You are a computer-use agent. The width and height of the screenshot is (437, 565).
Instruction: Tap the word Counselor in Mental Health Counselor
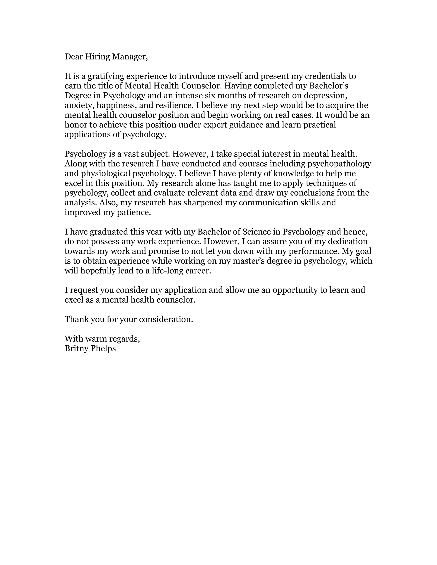[x=200, y=86]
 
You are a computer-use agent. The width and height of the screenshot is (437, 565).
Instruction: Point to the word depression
[x=325, y=96]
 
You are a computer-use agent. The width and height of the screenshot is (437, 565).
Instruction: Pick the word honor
[x=76, y=125]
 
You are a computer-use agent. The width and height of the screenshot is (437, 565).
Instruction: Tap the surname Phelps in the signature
[x=103, y=348]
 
